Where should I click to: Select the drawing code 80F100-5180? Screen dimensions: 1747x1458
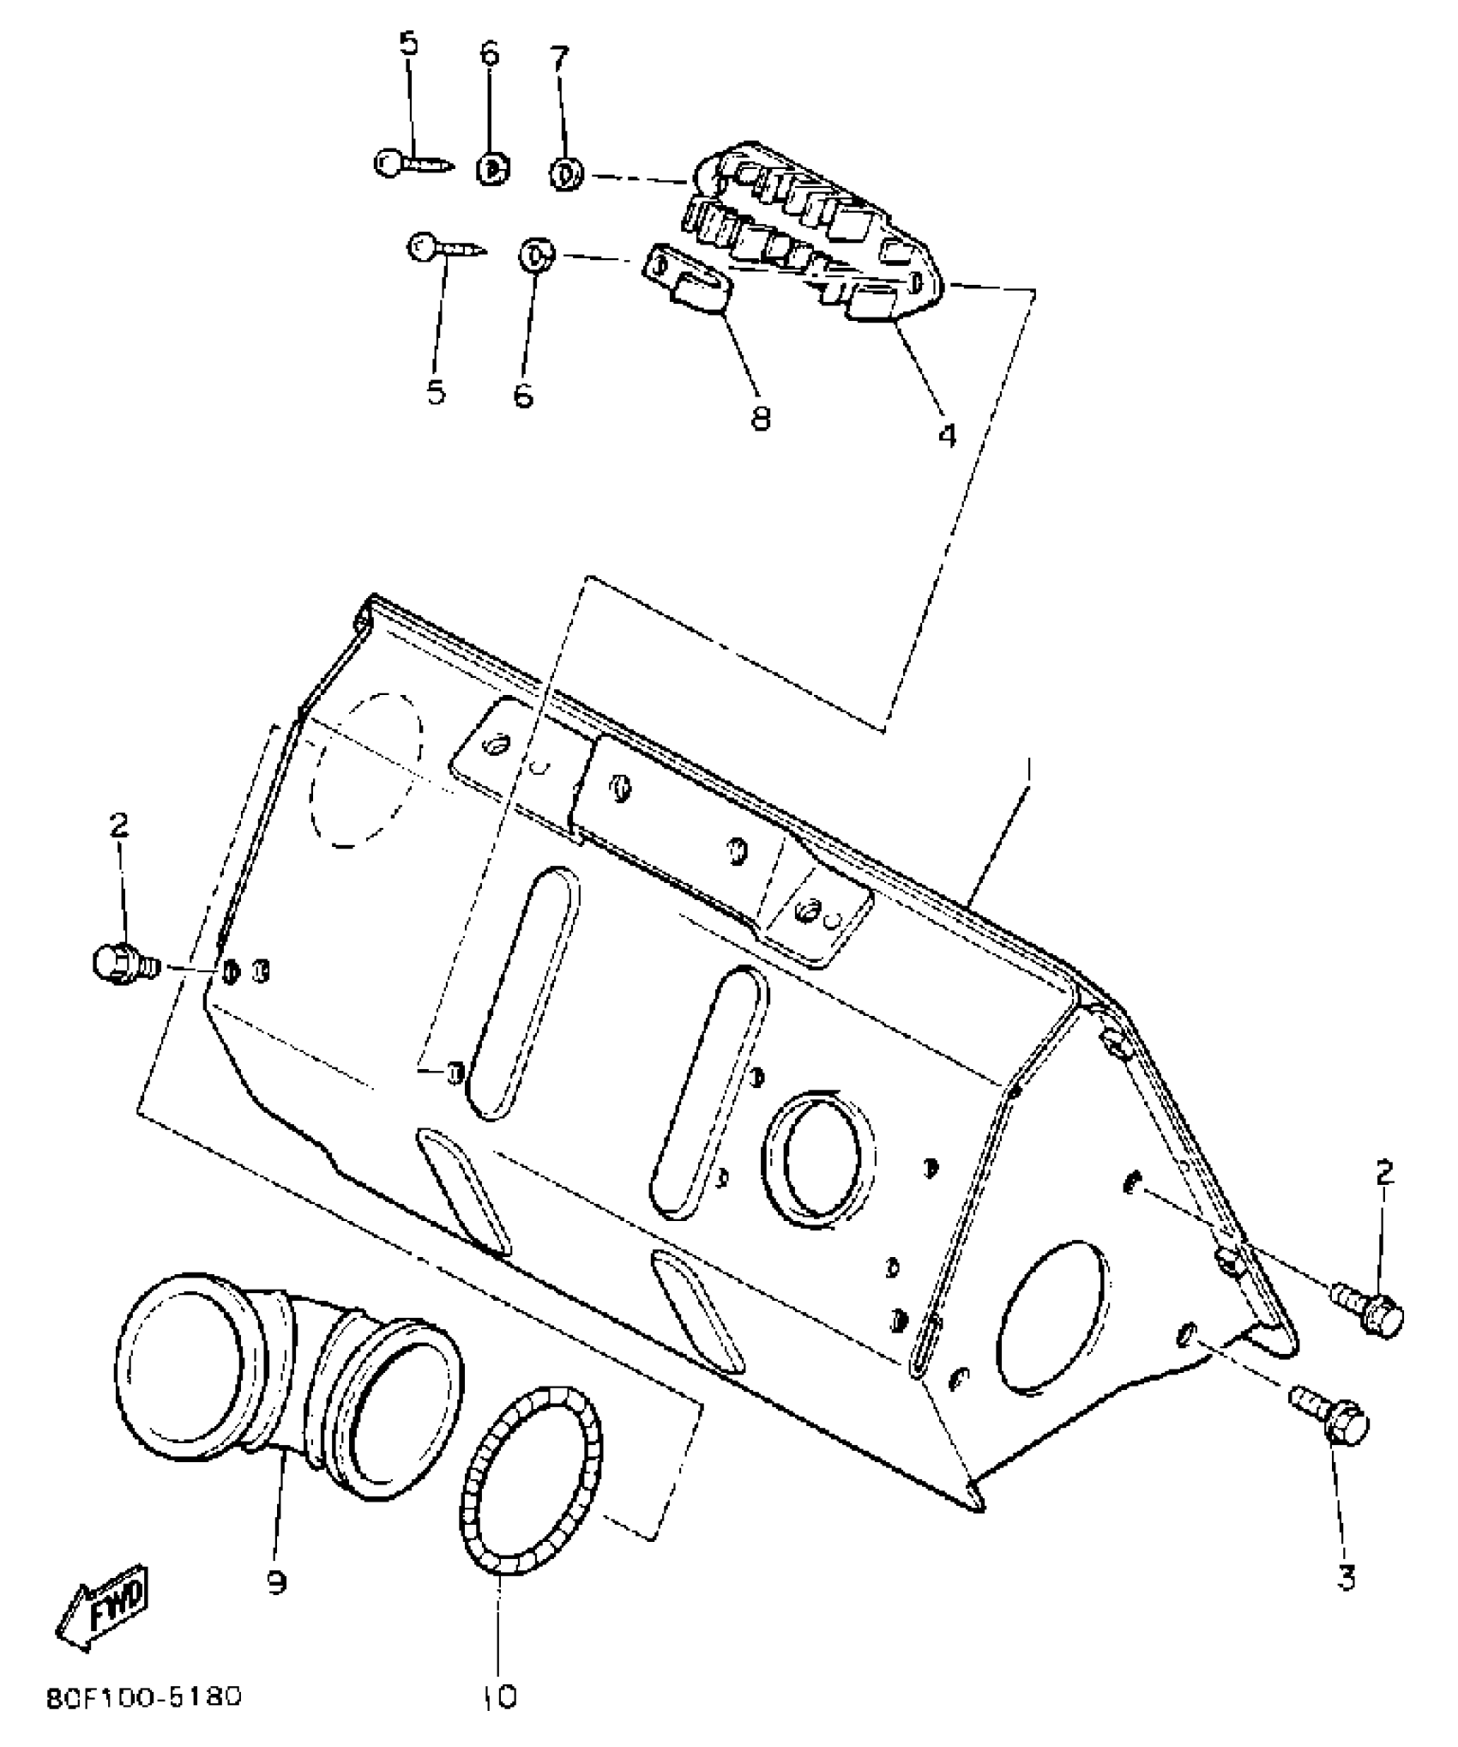tap(144, 1696)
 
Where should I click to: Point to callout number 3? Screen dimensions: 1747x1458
tap(1346, 1576)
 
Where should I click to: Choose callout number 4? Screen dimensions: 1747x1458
tap(946, 435)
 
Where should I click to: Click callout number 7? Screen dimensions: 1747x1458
tap(558, 59)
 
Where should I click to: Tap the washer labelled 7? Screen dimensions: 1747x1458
tap(565, 174)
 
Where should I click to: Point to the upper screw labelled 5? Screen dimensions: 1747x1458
tap(412, 162)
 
